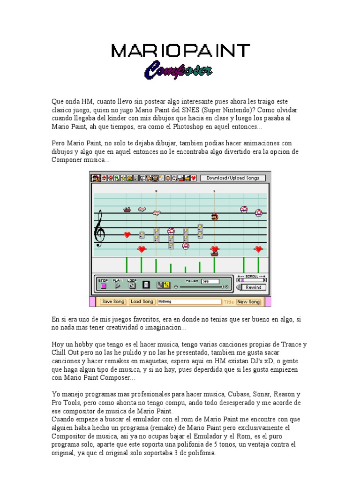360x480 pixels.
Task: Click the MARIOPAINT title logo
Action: click(180, 51)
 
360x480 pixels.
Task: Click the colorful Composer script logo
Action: click(178, 71)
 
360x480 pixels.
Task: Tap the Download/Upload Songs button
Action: click(233, 178)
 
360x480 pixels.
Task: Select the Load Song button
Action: click(142, 301)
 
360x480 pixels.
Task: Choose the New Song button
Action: click(248, 301)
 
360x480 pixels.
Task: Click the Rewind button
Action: click(253, 287)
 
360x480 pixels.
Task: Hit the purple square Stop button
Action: click(104, 285)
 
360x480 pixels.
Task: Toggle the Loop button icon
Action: click(132, 285)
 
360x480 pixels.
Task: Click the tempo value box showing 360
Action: click(210, 281)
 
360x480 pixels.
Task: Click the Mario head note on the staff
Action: click(214, 217)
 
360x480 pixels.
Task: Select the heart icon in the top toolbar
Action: click(193, 178)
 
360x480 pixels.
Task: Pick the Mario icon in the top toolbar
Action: click(96, 178)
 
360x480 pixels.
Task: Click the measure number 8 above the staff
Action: click(156, 191)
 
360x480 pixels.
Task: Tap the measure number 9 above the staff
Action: click(214, 191)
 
